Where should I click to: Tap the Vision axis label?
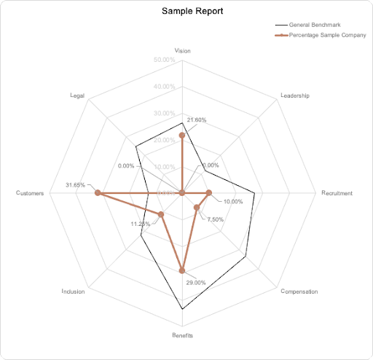[x=183, y=50]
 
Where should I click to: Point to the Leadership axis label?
[x=295, y=95]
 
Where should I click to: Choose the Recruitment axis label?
[x=337, y=193]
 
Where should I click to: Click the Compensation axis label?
[x=299, y=291]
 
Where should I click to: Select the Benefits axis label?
[x=182, y=336]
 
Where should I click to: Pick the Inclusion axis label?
[x=73, y=291]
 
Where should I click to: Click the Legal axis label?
[x=77, y=95]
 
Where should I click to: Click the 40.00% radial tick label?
[x=165, y=86]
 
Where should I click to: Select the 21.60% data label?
[x=197, y=120]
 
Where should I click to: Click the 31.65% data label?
[x=75, y=184]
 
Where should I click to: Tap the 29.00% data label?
[x=196, y=282]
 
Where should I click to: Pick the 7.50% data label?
[x=216, y=219]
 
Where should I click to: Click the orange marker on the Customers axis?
[x=97, y=193]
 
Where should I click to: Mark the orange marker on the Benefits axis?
[x=182, y=270]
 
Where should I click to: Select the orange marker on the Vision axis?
[x=182, y=136]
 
